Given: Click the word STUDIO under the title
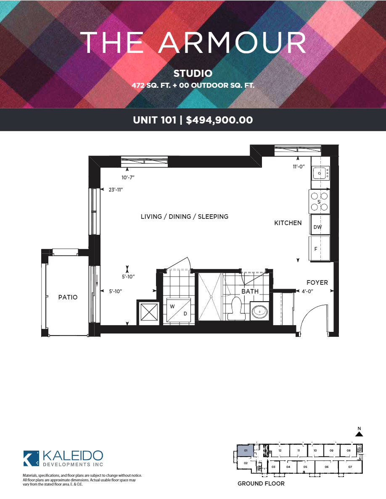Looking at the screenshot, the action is coord(193,74).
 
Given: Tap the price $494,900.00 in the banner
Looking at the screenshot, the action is coord(219,120).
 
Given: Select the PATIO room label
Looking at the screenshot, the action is coord(68,297).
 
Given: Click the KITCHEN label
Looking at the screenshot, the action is coord(288,223).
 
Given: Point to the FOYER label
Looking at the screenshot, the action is coord(317,283).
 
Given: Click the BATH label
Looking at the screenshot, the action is coord(250,291).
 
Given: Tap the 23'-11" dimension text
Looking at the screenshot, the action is coord(116,190).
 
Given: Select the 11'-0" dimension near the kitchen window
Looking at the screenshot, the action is coord(299,166).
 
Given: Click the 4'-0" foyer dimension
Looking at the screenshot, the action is coord(307,291).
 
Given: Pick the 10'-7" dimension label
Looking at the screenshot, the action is coord(128,178).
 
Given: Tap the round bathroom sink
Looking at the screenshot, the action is coord(260,312).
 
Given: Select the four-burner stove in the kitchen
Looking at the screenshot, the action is coord(319,202).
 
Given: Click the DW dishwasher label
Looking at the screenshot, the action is coord(317,227).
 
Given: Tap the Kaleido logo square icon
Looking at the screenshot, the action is coord(31,459).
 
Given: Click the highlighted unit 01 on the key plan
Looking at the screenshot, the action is coord(245,451).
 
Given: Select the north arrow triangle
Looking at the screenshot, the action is coord(359,434).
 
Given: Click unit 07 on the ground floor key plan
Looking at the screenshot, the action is coord(350,467).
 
